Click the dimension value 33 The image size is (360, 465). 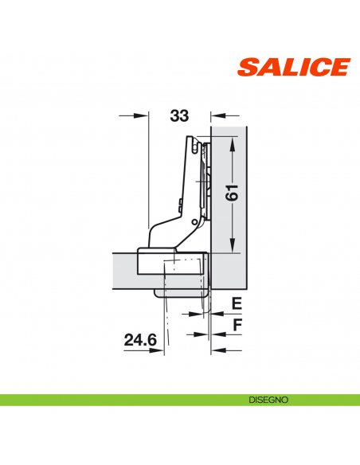pyautogui.click(x=179, y=116)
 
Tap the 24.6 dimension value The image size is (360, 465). pyautogui.click(x=141, y=341)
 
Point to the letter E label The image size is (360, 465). pyautogui.click(x=237, y=303)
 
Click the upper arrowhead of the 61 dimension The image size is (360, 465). pyautogui.click(x=231, y=143)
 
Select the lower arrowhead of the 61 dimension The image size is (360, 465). pyautogui.click(x=231, y=246)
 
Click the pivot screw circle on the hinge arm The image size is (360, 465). pyautogui.click(x=194, y=221)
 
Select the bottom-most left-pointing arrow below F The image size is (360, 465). pyautogui.click(x=216, y=350)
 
